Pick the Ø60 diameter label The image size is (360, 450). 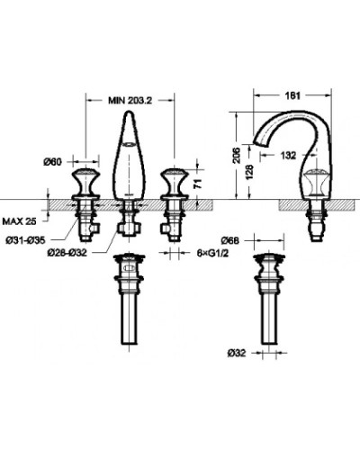coord(57,161)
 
